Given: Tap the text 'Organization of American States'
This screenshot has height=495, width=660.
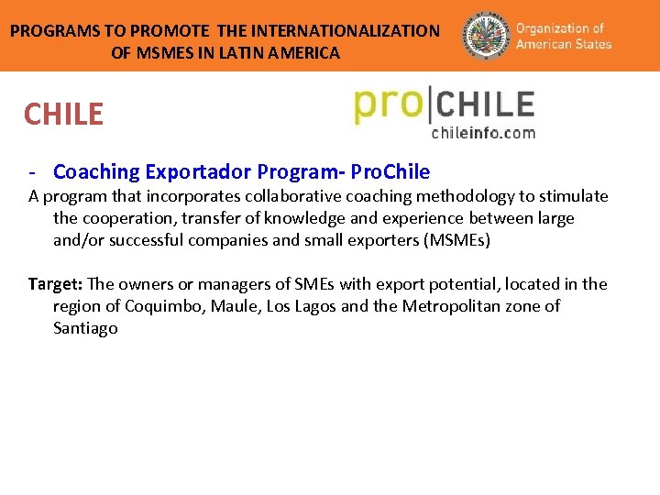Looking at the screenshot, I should click(563, 36).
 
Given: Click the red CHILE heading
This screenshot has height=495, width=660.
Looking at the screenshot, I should click(64, 115).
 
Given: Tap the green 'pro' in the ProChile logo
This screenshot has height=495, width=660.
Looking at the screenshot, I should click(387, 104).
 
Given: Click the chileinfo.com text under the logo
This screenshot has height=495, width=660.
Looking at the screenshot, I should click(483, 133).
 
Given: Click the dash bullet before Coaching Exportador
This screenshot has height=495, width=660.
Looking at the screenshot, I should click(32, 171).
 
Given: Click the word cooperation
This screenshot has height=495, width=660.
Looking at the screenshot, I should click(128, 218).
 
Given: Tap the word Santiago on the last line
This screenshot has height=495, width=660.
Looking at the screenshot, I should click(85, 328).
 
